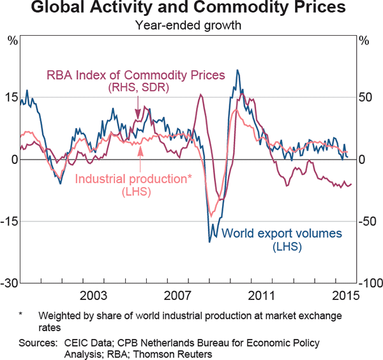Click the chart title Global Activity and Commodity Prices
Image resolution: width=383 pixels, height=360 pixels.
point(191,9)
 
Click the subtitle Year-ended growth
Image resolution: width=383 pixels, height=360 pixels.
point(191,26)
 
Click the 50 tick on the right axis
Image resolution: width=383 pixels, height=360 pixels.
point(366,97)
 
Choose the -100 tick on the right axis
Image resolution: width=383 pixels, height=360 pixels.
point(369,283)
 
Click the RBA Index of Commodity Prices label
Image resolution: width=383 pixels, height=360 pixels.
point(135,75)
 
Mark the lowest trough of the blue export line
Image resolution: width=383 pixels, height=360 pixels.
point(209,241)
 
